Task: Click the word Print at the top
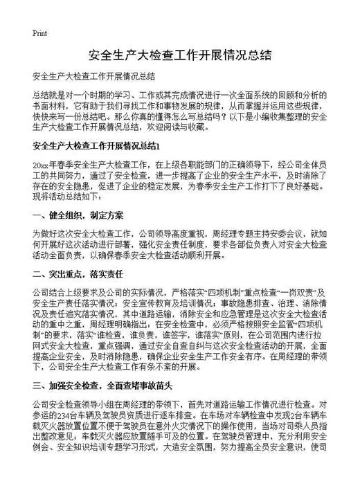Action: (x=39, y=33)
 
